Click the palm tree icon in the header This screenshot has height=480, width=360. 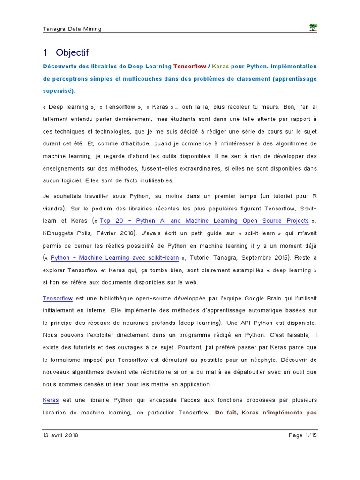(x=313, y=28)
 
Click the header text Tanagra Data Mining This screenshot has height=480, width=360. (x=72, y=29)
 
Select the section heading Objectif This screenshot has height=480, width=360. (x=72, y=52)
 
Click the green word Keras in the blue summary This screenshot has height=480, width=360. (x=220, y=66)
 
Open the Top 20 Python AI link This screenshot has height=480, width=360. (x=204, y=221)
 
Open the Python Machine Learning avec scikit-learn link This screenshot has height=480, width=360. (x=114, y=257)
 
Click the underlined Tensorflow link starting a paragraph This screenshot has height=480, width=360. (x=58, y=298)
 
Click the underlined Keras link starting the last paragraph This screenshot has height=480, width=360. (x=51, y=400)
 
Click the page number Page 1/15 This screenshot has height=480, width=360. (x=303, y=435)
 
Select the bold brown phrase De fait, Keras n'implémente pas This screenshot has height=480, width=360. (x=266, y=412)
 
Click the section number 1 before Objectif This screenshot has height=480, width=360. (x=45, y=52)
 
